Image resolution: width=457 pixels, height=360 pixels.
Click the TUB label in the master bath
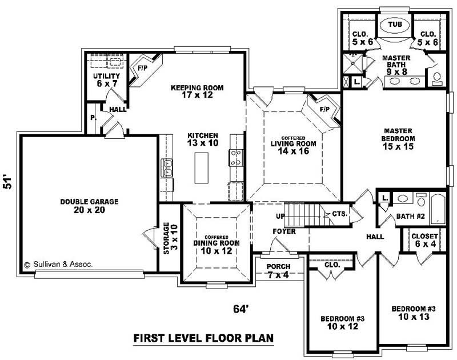pos(395,25)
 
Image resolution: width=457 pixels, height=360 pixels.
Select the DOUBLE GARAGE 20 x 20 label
pos(89,206)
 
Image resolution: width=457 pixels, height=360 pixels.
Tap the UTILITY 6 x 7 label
pos(106,80)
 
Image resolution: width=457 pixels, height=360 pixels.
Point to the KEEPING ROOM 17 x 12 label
pos(197,92)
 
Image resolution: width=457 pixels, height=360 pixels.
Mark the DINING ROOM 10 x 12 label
pos(216,246)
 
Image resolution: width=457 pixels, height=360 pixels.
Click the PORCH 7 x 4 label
pos(278,271)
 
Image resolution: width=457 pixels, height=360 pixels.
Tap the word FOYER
pos(284,231)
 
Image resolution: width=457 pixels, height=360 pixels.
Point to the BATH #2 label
pos(409,217)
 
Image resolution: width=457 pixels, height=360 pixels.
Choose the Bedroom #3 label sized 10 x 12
pos(338,322)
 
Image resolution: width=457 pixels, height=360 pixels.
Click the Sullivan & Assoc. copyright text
pos(58,265)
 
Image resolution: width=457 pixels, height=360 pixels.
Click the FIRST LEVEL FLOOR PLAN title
pos(203,338)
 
